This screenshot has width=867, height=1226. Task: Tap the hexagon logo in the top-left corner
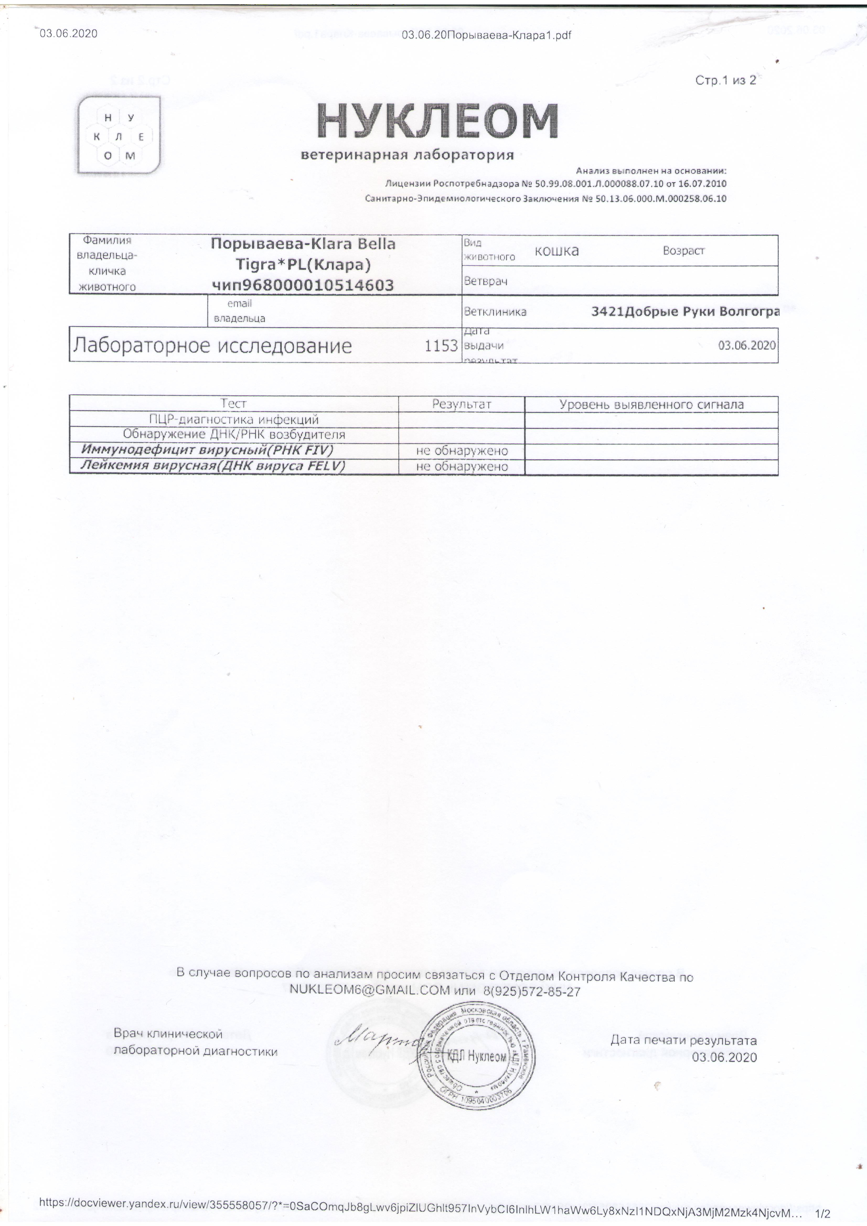119,136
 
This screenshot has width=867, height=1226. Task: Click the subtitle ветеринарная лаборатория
407,155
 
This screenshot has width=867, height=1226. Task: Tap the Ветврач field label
486,281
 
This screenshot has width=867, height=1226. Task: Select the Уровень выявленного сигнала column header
651,404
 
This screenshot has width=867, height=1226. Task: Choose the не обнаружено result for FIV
462,451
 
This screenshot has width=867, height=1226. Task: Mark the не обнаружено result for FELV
462,466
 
